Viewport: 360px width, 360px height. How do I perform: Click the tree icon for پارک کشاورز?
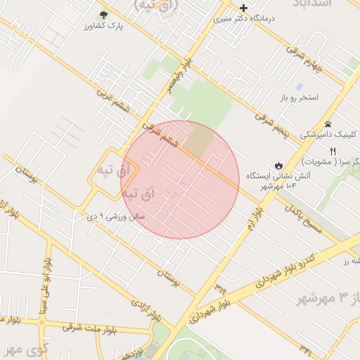(104, 14)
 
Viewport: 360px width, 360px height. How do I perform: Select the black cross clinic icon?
(244, 8)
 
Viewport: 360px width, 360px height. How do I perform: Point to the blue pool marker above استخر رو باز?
(300, 86)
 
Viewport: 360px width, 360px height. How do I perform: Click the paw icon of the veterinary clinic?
(328, 124)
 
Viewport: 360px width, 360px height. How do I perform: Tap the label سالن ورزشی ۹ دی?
(117, 217)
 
